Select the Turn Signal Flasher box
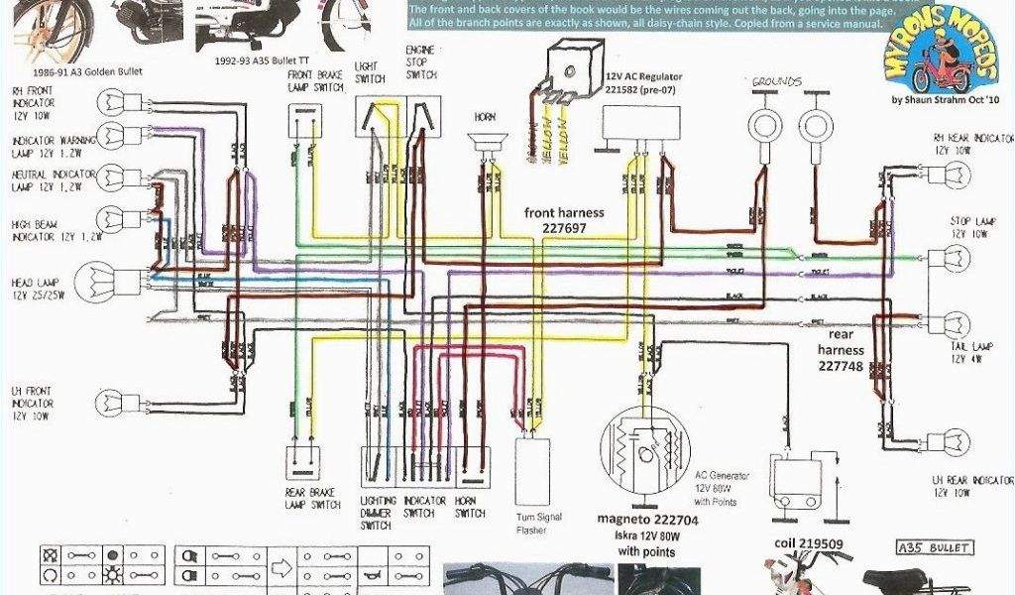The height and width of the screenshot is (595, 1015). pyautogui.click(x=532, y=472)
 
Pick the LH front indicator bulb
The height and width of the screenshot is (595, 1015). pyautogui.click(x=109, y=402)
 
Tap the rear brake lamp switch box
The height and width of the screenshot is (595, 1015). pyautogui.click(x=304, y=465)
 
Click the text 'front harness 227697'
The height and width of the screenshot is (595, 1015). pyautogui.click(x=565, y=220)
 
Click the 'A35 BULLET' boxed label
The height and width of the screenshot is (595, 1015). pyautogui.click(x=933, y=547)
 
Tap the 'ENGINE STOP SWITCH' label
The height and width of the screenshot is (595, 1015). pyautogui.click(x=421, y=61)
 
